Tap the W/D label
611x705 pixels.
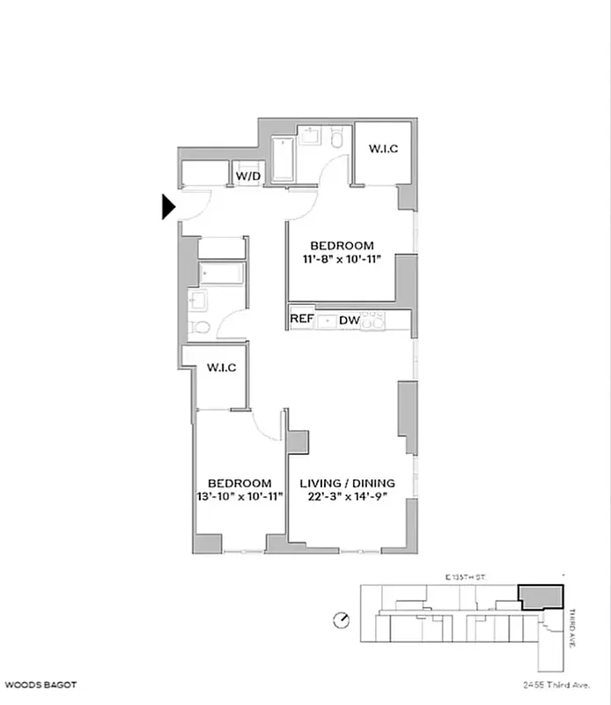click(247, 176)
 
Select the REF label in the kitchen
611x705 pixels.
click(302, 320)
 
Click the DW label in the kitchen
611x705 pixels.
click(350, 321)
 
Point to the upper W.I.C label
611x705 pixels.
click(383, 148)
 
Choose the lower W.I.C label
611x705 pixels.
click(220, 367)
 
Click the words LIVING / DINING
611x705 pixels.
click(347, 483)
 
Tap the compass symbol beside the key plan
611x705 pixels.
click(342, 621)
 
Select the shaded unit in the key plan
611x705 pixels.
click(540, 597)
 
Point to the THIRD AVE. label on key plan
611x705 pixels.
click(571, 628)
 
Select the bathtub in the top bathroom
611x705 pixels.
click(283, 160)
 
